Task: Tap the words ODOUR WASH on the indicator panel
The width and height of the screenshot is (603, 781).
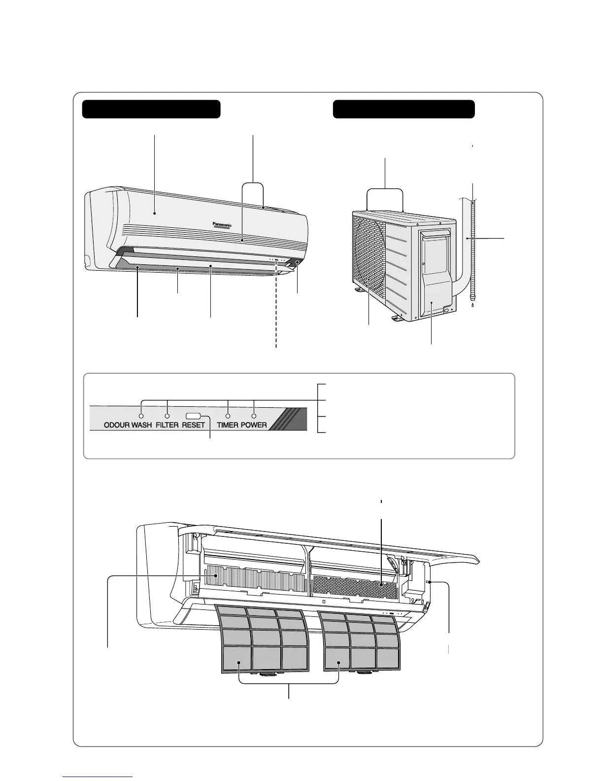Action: pos(128,425)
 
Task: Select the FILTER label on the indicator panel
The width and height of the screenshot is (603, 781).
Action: pos(167,425)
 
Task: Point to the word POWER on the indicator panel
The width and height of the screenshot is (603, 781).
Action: pos(254,425)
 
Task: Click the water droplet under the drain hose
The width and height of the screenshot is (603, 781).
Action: pos(472,306)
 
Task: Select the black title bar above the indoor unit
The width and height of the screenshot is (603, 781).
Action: pos(151,109)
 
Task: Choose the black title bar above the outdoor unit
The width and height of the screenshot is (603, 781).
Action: pos(403,109)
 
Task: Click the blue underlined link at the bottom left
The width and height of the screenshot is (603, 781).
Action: pos(98,776)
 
